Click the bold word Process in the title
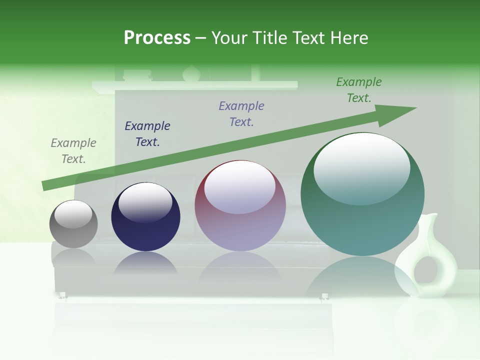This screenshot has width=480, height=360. pos(157,38)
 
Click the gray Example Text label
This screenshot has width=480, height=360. pos(73,151)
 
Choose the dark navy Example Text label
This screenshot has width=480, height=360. pos(147,133)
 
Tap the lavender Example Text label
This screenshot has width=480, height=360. pos(241,113)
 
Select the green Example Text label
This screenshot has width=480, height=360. pos(359,89)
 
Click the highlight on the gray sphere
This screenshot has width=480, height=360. pos(73,214)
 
